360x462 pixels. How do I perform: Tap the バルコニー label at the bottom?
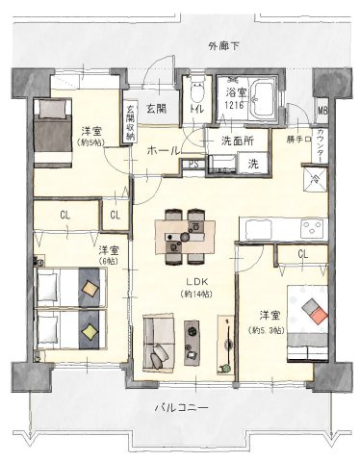pos(181,409)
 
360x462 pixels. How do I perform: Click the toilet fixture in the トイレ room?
pos(196,96)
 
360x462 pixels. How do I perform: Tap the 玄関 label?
pos(157,109)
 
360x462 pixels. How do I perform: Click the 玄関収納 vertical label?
pos(130,122)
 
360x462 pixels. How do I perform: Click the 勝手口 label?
pos(299,140)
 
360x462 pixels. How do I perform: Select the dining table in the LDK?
pos(183,231)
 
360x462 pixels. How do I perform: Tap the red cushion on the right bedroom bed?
pos(310,310)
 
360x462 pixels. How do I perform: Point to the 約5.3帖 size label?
pos(267,331)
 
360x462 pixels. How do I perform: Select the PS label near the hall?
pos(193,165)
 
